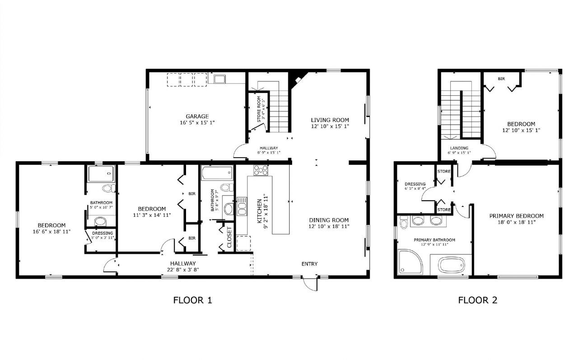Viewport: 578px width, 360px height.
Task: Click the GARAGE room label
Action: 197,116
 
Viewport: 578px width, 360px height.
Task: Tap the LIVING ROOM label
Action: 330,120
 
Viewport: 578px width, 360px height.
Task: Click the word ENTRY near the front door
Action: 309,264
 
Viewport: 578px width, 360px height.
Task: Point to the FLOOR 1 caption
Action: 192,300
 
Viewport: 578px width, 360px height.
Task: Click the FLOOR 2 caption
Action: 478,300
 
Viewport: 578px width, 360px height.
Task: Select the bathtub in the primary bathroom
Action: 451,264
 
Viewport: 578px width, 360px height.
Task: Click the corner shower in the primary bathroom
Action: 410,262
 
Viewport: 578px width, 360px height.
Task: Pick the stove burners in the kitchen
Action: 261,170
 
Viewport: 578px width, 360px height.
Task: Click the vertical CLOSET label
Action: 229,237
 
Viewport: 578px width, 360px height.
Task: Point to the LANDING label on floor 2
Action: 459,148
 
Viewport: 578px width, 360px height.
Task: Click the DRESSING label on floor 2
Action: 415,184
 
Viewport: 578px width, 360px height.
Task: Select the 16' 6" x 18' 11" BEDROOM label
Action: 51,225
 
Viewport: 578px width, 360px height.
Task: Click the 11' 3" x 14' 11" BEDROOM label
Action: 152,209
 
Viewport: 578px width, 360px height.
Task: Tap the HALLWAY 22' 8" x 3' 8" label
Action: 183,263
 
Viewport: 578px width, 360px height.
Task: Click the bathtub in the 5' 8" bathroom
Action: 217,172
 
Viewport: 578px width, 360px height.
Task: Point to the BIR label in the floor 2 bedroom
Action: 501,79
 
